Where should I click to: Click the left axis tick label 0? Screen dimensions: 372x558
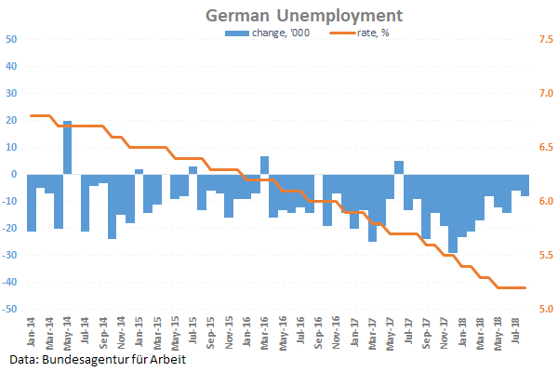pyautogui.click(x=14, y=174)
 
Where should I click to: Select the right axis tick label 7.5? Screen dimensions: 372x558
pyautogui.click(x=545, y=40)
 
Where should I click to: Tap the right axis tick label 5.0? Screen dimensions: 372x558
pyautogui.click(x=545, y=309)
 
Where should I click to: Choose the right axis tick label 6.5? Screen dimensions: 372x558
pyautogui.click(x=545, y=148)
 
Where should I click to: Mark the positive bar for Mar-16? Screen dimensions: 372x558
pyautogui.click(x=264, y=165)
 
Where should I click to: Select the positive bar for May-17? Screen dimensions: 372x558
pyautogui.click(x=399, y=167)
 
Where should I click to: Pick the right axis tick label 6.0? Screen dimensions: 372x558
pyautogui.click(x=545, y=202)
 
